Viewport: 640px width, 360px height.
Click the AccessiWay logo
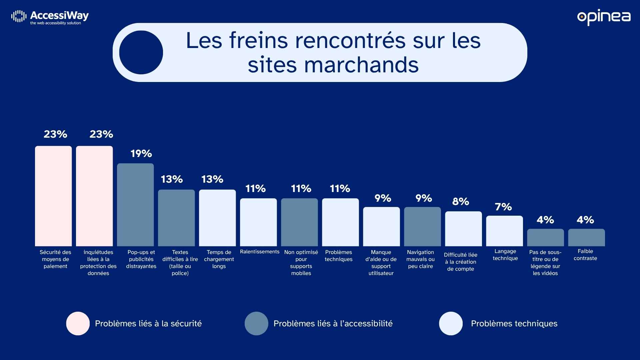[x=50, y=17]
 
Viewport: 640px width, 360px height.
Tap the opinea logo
[x=604, y=17]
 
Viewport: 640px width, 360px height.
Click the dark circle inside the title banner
[x=141, y=52]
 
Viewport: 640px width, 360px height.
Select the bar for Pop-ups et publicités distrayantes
[x=135, y=205]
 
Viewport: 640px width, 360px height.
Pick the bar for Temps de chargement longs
[x=217, y=218]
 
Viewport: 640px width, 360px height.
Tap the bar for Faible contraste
[x=586, y=237]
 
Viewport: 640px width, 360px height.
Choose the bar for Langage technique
[x=504, y=231]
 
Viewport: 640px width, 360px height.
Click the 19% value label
[x=141, y=154]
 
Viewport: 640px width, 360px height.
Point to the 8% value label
[x=460, y=202]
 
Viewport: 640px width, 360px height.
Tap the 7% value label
[x=503, y=207]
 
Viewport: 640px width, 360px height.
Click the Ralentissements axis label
[x=260, y=252]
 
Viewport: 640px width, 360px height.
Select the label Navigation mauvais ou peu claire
[x=420, y=259]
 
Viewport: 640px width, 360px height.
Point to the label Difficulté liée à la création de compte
[x=460, y=262]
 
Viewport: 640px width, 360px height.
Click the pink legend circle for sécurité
[x=78, y=323]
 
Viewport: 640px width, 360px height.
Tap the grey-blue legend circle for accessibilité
[x=256, y=323]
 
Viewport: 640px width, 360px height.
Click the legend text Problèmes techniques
[x=514, y=323]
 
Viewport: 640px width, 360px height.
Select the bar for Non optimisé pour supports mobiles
[x=299, y=222]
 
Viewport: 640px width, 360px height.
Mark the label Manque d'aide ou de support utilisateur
[x=381, y=263]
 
